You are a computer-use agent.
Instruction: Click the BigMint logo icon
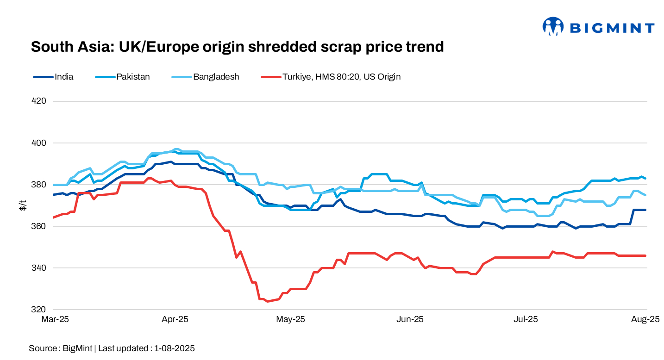click(x=553, y=27)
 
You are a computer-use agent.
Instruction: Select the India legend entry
click(x=63, y=77)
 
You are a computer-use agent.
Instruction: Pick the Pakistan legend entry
click(x=132, y=77)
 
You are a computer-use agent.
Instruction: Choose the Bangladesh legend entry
click(x=216, y=77)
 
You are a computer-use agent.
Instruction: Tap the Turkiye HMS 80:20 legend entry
click(x=341, y=77)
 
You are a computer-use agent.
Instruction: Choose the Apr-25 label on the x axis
click(x=175, y=319)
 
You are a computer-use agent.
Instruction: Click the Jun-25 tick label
click(x=410, y=319)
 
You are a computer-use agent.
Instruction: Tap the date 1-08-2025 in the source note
click(x=175, y=348)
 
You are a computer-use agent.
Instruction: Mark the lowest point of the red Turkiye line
click(x=267, y=301)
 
